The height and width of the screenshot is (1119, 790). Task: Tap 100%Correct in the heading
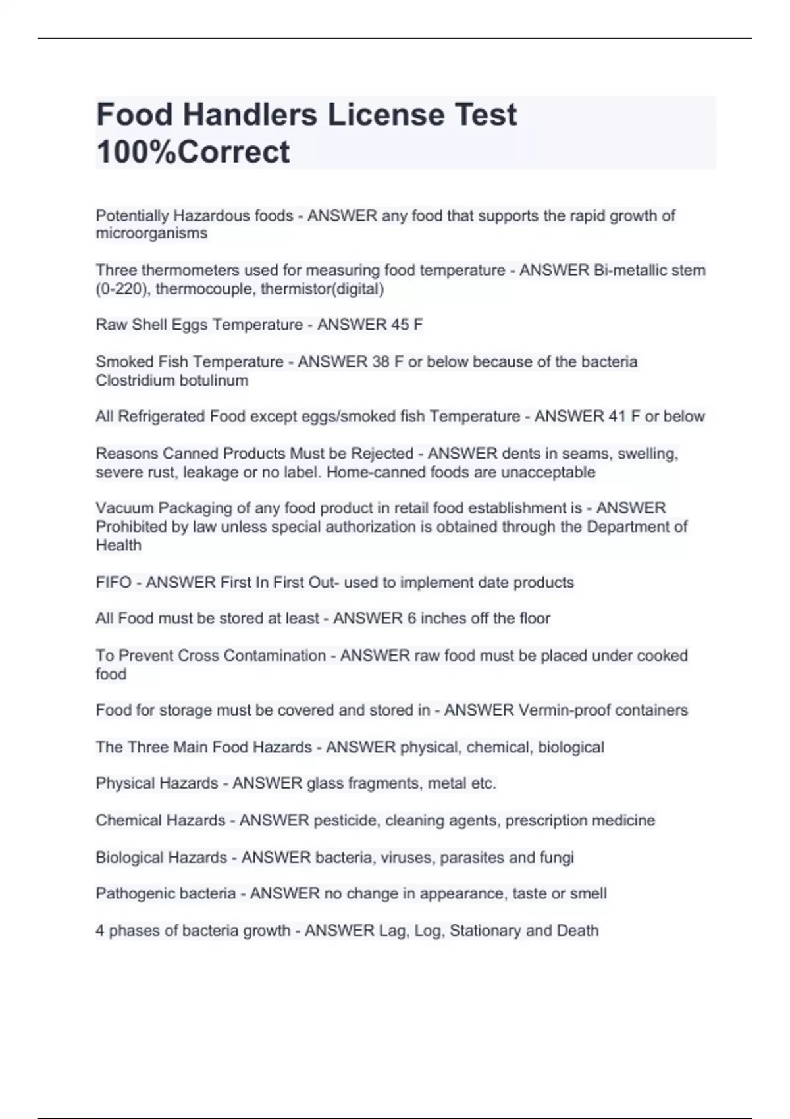point(193,152)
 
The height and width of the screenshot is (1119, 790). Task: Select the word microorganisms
point(151,234)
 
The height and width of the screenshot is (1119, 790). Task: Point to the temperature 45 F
point(407,325)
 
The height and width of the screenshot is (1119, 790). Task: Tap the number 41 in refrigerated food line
point(617,417)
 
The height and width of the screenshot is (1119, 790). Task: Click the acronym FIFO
point(113,583)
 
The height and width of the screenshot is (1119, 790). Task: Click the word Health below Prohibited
point(118,545)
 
